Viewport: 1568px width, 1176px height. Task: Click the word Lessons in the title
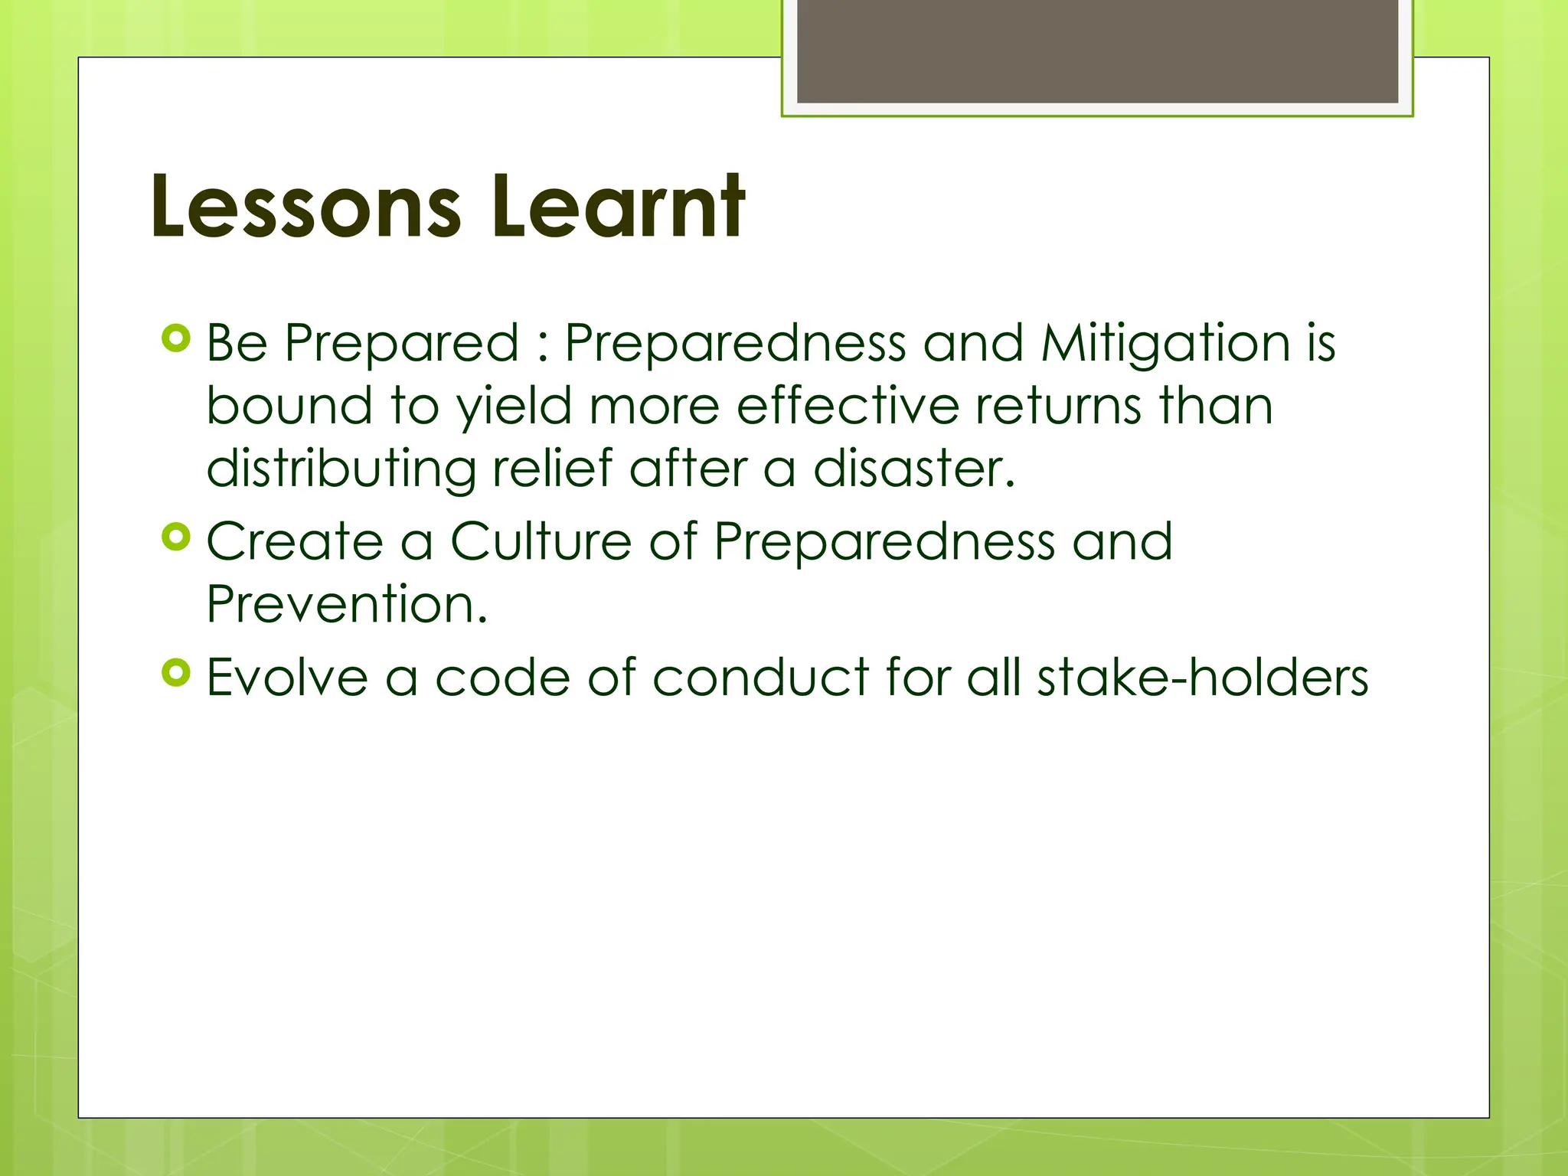coord(306,207)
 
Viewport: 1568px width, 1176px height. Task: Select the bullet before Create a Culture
coord(176,537)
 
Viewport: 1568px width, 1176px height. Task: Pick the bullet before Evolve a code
coord(176,673)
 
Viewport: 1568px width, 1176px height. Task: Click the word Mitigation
coord(1166,343)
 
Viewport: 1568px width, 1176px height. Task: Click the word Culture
coord(541,541)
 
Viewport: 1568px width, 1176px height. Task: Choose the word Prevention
coord(347,604)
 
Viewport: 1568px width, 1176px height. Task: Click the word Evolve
coord(288,678)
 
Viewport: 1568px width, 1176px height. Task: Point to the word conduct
coord(761,678)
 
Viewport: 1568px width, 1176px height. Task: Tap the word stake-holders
coord(1202,678)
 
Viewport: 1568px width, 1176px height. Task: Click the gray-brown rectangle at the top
coord(1097,51)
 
